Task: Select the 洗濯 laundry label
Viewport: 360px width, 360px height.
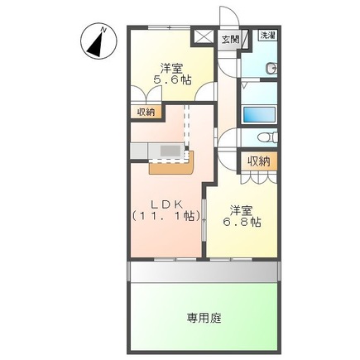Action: [x=269, y=36]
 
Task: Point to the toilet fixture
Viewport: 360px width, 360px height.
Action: [x=266, y=138]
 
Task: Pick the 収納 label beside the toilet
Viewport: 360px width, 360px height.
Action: [x=257, y=161]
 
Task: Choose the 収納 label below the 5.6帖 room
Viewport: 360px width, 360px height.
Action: [x=146, y=112]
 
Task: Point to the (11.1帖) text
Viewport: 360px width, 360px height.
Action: [x=165, y=217]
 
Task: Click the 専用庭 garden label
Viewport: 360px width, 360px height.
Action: [x=203, y=317]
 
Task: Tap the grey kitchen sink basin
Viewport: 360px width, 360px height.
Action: [x=170, y=150]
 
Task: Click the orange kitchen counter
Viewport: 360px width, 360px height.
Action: [x=171, y=166]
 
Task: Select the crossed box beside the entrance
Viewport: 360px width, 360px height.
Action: [x=201, y=37]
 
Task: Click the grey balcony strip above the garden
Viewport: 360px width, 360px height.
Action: [x=202, y=271]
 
